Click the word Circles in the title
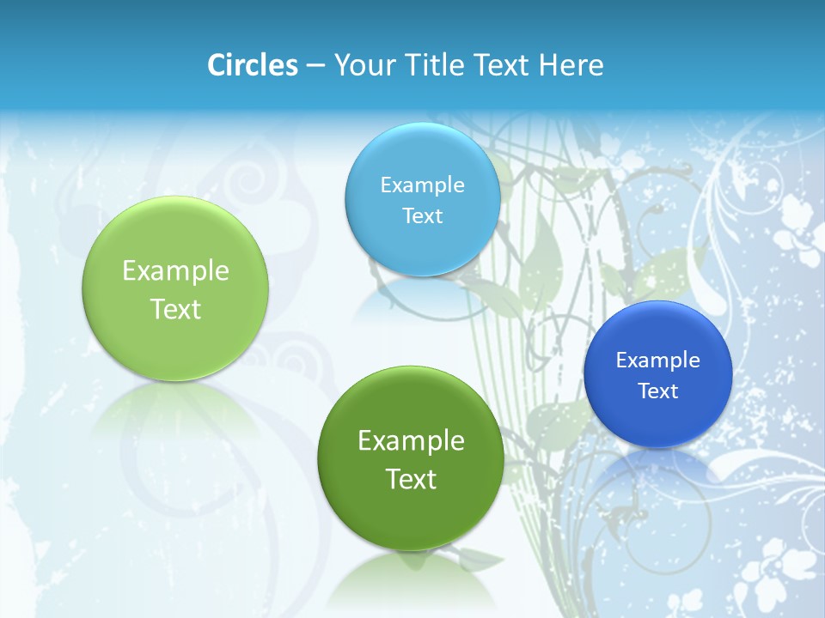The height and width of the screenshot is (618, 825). click(252, 65)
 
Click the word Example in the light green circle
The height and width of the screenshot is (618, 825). click(175, 271)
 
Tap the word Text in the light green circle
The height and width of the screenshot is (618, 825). click(175, 309)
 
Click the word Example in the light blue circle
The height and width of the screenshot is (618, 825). click(422, 185)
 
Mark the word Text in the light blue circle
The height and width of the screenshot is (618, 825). click(422, 215)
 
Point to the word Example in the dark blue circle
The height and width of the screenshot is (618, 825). click(657, 360)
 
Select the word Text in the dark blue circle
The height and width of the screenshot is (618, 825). click(657, 391)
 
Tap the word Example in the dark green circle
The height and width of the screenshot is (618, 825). click(410, 441)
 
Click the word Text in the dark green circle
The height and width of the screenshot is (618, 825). click(410, 479)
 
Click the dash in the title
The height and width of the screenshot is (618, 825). click(315, 66)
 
